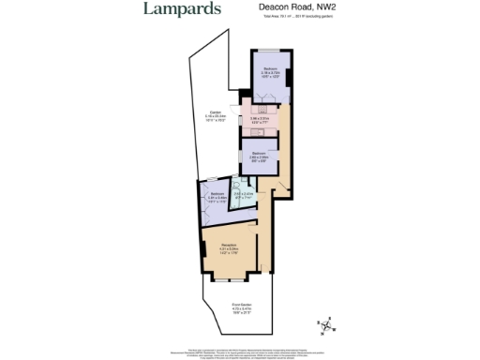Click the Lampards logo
tap(182, 10)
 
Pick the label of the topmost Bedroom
tap(271, 69)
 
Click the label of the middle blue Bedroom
tap(260, 153)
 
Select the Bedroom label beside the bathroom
tap(217, 194)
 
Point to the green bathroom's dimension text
tap(244, 196)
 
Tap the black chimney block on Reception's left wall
tap(202, 246)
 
